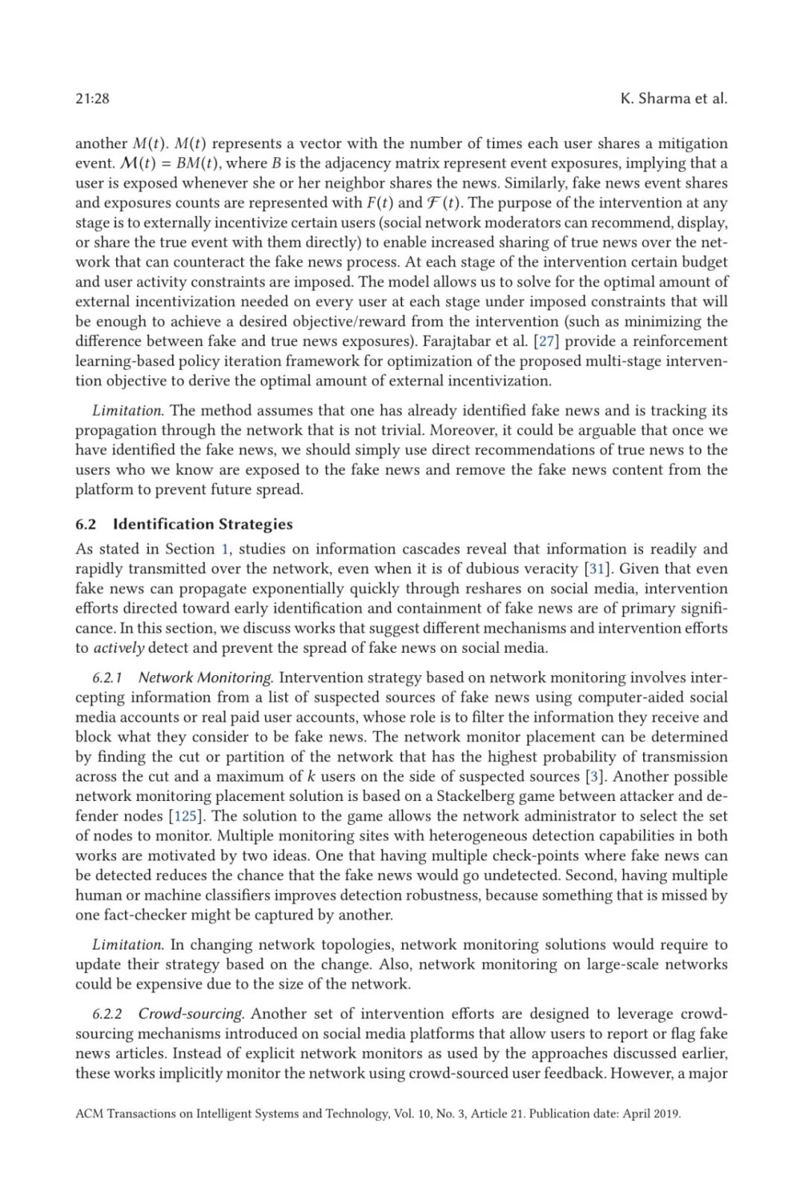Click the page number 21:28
[92, 99]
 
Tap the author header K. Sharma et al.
[673, 99]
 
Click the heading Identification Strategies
[202, 524]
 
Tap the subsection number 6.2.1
[107, 678]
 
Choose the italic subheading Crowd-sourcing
[191, 1014]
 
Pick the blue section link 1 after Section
[225, 549]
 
